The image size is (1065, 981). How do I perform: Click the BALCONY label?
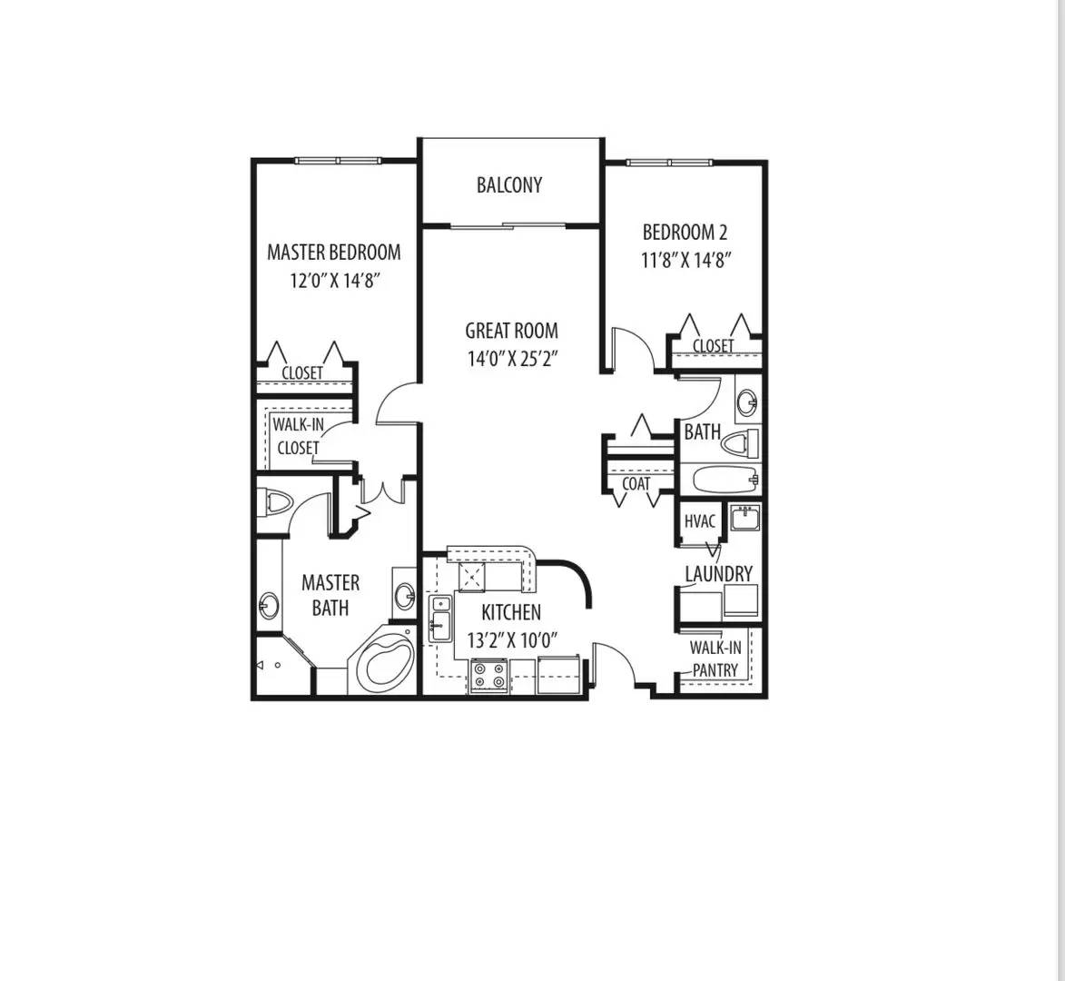pyautogui.click(x=509, y=185)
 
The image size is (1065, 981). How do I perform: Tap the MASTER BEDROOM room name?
pyautogui.click(x=333, y=253)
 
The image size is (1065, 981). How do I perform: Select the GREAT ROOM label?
pyautogui.click(x=511, y=331)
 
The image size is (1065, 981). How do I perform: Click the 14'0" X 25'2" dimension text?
pyautogui.click(x=511, y=359)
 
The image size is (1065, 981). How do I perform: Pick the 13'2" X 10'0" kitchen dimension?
pyautogui.click(x=511, y=640)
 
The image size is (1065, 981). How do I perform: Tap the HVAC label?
pyautogui.click(x=699, y=521)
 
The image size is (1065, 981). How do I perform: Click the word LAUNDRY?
pyautogui.click(x=718, y=574)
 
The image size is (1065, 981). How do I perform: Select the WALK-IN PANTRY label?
pyautogui.click(x=715, y=659)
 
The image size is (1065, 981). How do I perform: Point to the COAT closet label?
pyautogui.click(x=636, y=484)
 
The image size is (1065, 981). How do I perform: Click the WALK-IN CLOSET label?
pyautogui.click(x=298, y=436)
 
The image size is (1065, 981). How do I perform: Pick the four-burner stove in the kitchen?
pyautogui.click(x=488, y=675)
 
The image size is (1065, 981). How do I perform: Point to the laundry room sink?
pyautogui.click(x=745, y=519)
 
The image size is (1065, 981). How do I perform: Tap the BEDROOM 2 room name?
pyautogui.click(x=685, y=233)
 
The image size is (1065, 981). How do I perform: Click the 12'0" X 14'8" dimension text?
pyautogui.click(x=333, y=281)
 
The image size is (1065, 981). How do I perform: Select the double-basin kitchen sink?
pyautogui.click(x=439, y=615)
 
